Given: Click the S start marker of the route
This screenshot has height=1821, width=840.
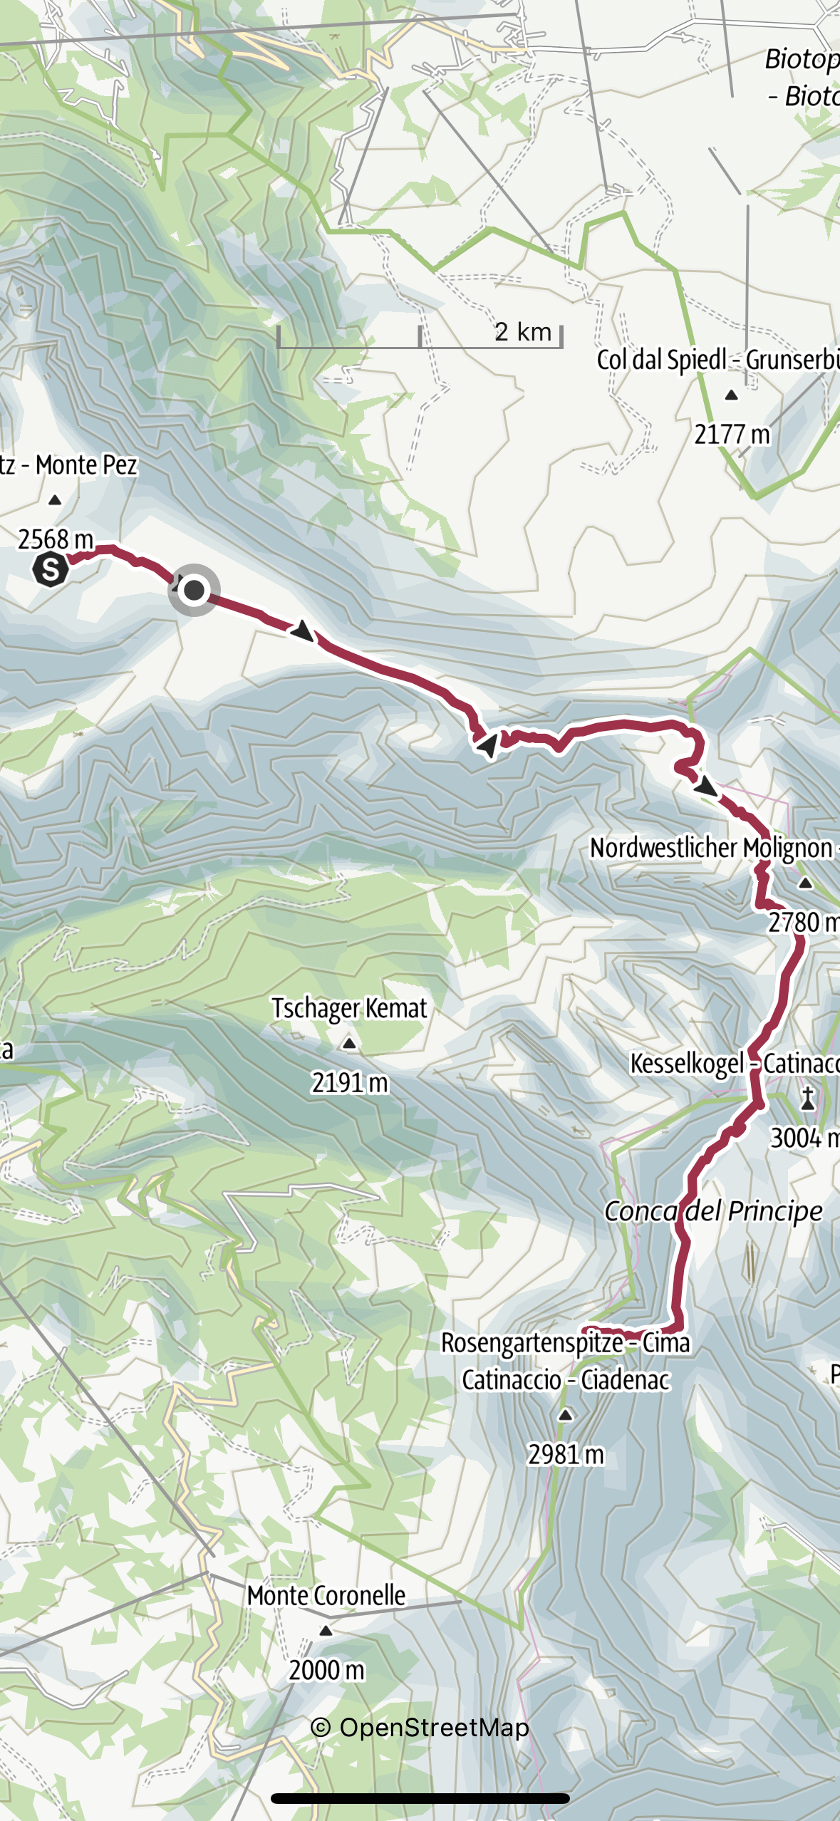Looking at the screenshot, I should (x=51, y=569).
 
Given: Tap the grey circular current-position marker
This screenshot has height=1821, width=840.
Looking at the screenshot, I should (x=194, y=590).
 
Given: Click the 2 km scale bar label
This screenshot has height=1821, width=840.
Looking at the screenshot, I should (x=523, y=331).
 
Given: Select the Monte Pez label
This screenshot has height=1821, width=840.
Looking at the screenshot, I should (x=85, y=465).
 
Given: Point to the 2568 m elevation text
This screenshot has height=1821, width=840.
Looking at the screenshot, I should (x=56, y=539).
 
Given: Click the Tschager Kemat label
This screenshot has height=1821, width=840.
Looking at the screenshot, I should (x=349, y=1008).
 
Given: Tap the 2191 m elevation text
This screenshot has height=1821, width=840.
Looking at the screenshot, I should (x=349, y=1083).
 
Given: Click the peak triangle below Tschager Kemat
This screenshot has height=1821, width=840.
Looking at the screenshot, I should (x=349, y=1044).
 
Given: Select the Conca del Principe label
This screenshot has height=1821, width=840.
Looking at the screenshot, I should (x=713, y=1210).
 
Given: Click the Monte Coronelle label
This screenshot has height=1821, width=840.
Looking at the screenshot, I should (x=326, y=1595).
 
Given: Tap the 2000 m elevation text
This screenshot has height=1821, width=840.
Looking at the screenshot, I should (x=326, y=1670).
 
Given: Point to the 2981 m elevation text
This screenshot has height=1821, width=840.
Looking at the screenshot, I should (x=566, y=1454).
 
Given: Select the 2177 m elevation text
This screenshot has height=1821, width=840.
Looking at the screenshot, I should (x=732, y=435).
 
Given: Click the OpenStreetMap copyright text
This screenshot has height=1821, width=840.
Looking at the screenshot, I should (x=420, y=1727).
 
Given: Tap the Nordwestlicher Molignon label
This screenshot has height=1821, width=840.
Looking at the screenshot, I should (x=711, y=848).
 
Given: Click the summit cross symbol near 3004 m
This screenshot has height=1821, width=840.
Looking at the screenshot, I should (x=808, y=1099).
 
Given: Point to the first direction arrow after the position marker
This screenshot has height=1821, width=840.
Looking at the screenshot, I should (x=303, y=631).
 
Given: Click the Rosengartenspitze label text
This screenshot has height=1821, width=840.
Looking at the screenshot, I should (x=565, y=1343).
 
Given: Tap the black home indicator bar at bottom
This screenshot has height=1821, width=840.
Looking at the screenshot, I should (x=420, y=1798).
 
